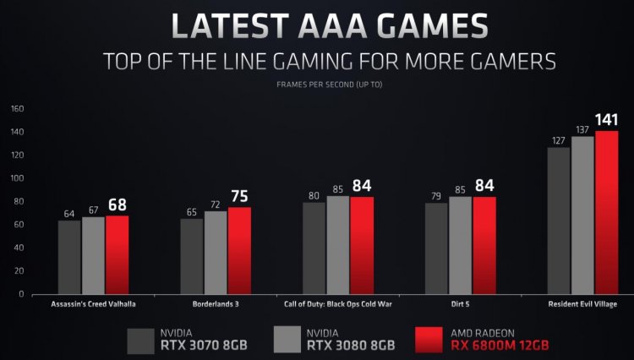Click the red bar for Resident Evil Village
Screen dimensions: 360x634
[606, 213]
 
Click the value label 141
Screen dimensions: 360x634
[607, 120]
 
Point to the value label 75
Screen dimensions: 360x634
[240, 197]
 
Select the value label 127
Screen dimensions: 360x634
[558, 140]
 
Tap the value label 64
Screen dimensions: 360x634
[69, 213]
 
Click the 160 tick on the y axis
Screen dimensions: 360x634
[18, 109]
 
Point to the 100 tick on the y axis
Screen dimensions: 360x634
[18, 178]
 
